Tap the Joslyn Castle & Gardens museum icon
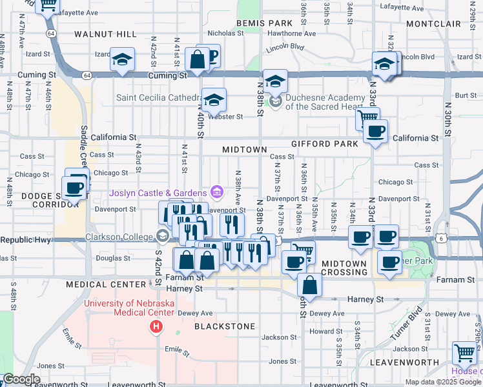217,192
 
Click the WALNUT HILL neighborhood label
105,34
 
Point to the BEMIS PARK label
265,23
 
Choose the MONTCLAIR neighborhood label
434,24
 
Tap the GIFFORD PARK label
324,144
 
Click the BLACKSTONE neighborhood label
225,326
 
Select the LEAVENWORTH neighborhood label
405,362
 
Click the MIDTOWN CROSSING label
345,268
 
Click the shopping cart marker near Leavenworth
464,353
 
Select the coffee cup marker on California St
375,132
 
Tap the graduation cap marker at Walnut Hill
121,60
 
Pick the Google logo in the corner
21,379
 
